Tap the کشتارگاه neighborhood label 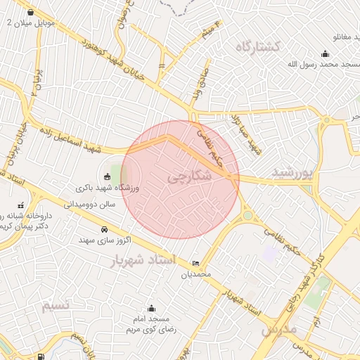coord(257,46)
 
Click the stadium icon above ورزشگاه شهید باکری coord(106,176)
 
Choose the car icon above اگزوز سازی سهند coord(105,229)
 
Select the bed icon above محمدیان coord(195,263)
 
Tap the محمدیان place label coord(197,274)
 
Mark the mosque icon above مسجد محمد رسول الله coord(325,53)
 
